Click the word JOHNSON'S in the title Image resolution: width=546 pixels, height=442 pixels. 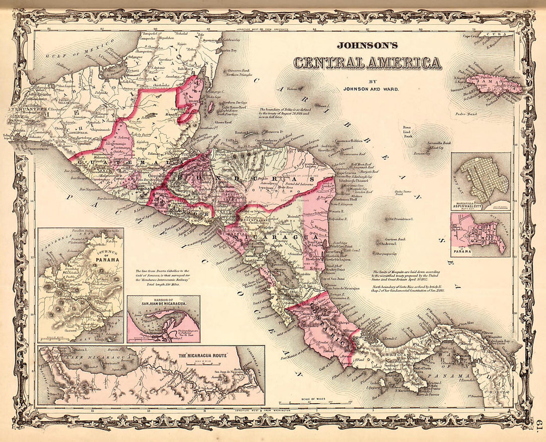[367, 45]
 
